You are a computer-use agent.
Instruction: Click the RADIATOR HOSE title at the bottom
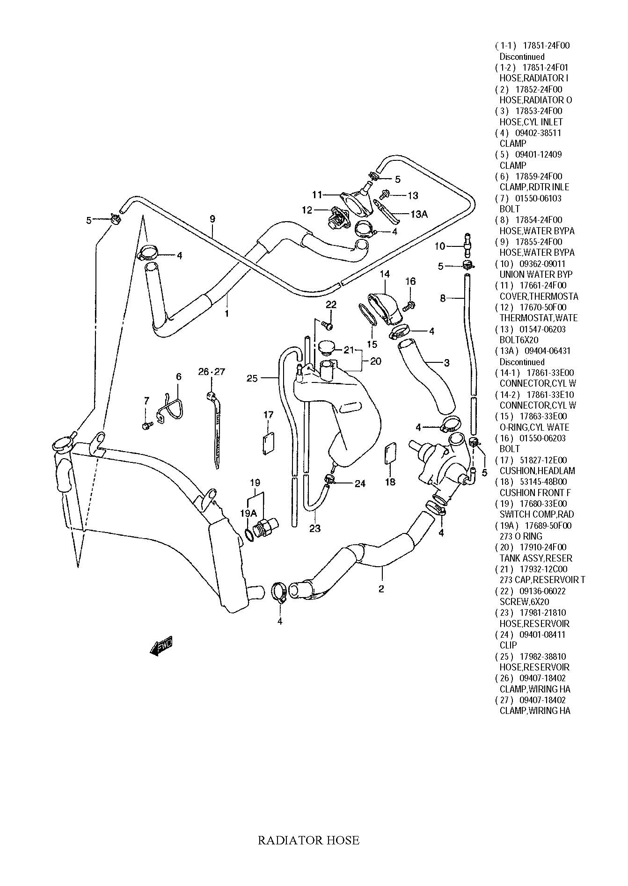(308, 840)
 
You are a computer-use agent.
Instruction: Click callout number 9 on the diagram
(212, 218)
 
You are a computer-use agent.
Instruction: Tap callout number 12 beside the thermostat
(307, 210)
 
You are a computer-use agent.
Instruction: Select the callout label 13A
(419, 214)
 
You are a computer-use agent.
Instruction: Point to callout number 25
(252, 378)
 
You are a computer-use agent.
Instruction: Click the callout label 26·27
(212, 372)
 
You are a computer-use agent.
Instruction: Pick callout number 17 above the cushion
(268, 414)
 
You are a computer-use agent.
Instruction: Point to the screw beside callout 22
(328, 324)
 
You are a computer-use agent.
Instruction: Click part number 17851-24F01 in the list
(545, 67)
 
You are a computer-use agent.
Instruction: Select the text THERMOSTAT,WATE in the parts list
(538, 318)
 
